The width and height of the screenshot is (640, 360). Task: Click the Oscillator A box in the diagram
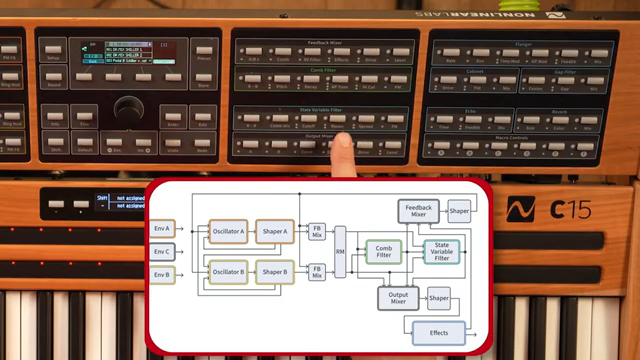227,231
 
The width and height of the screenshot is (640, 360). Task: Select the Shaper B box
274,271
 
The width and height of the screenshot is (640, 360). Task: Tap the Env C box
162,252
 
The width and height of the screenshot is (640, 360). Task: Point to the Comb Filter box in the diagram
384,251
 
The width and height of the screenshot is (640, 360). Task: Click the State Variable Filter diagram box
441,251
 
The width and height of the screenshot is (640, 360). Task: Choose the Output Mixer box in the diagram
398,297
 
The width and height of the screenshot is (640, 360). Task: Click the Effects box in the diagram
438,332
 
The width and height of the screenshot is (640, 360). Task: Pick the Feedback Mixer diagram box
418,211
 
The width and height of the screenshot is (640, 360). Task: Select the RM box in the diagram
340,251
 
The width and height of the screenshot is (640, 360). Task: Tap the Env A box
162,229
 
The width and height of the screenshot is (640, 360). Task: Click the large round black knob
129,110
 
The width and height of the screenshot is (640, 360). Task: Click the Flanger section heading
522,43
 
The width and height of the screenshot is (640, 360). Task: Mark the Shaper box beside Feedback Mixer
459,211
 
